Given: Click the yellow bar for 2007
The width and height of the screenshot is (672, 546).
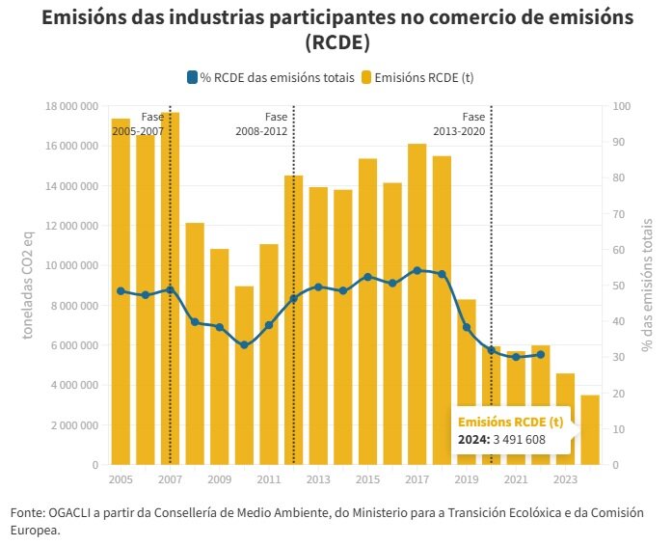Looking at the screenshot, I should tap(170, 289).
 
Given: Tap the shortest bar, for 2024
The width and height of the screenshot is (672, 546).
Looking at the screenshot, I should tap(590, 430).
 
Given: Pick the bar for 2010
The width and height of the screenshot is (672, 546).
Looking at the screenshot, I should tap(244, 376).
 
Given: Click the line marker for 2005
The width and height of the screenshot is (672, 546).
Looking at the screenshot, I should tap(121, 291).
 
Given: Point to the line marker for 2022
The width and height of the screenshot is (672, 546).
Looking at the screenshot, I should tap(541, 355).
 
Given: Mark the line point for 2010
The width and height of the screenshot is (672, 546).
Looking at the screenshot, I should tap(244, 345).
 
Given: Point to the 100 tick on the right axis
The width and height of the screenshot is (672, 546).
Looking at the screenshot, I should tap(621, 106).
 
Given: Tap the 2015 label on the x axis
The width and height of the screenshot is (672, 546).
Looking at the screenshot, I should tap(367, 479).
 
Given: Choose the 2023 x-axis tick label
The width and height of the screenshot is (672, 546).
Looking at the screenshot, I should tap(565, 479).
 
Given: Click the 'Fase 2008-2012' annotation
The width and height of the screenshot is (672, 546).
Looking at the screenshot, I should tap(261, 123).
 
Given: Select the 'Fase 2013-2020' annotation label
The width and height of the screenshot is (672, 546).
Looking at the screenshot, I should tap(459, 123).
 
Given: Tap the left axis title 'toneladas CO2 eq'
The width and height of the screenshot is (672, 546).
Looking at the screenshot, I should tap(30, 286).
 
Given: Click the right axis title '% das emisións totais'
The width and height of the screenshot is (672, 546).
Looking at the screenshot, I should tap(646, 286).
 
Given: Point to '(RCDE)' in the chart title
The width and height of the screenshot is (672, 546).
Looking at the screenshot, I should tap(337, 43).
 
